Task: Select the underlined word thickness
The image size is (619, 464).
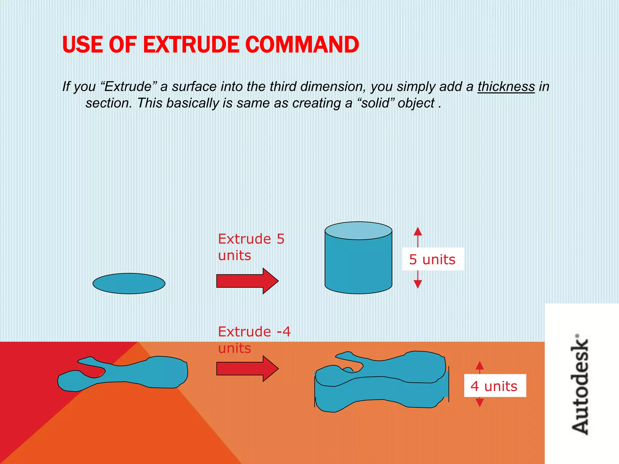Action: (506, 87)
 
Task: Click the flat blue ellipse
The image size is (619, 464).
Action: (129, 283)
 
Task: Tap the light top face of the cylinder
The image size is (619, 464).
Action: (358, 231)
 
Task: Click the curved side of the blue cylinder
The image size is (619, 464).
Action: (358, 266)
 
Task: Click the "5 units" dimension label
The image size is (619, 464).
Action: (433, 259)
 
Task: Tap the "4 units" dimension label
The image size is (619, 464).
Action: (494, 386)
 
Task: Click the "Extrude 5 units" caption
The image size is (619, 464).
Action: (251, 247)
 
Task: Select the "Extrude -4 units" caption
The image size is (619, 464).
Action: (254, 340)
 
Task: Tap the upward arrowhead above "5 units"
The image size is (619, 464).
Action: (418, 231)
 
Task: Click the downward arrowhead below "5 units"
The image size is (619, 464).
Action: (418, 284)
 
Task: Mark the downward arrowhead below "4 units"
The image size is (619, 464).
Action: (480, 403)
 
